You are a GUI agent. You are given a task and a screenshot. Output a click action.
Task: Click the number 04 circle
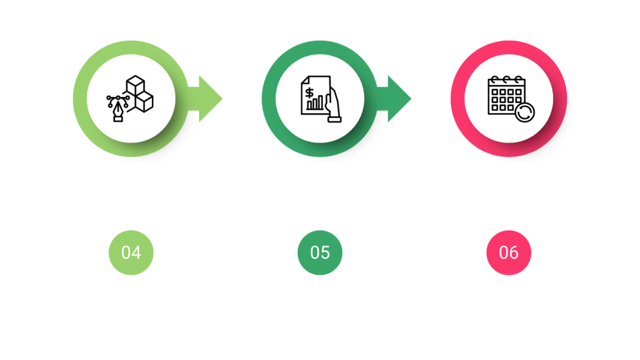[x=131, y=252]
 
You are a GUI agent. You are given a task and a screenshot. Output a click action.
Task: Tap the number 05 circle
[x=320, y=252]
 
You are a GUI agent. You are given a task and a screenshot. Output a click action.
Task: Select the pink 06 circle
[x=509, y=252]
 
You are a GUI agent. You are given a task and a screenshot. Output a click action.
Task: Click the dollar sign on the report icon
[x=309, y=92]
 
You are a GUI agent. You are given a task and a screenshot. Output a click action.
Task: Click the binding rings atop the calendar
[x=506, y=79]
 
